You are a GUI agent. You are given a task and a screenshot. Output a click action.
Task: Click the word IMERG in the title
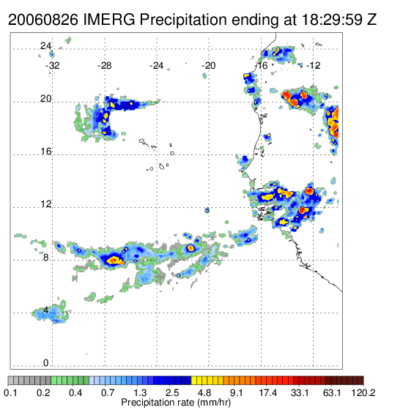click(109, 20)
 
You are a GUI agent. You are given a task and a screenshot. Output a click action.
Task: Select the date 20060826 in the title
click(43, 20)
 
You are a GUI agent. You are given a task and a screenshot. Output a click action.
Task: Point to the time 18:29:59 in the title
click(332, 20)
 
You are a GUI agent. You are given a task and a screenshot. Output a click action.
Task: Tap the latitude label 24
click(45, 46)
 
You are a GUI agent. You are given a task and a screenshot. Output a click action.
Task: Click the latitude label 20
click(45, 99)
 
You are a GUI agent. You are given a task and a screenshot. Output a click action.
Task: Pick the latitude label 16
click(45, 152)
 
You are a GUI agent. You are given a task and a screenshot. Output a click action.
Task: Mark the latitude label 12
click(45, 204)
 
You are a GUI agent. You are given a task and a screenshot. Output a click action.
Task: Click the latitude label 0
click(46, 363)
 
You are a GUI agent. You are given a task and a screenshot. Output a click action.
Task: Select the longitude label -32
click(52, 66)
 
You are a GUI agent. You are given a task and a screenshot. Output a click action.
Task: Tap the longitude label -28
click(104, 66)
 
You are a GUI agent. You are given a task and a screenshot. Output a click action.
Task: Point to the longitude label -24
click(156, 66)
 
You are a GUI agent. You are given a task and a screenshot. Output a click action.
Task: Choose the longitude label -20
click(208, 66)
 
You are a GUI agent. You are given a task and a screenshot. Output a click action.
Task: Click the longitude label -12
click(313, 66)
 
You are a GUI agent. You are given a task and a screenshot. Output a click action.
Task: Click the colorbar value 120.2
click(363, 392)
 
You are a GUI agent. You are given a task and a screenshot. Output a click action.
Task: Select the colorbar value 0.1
click(11, 392)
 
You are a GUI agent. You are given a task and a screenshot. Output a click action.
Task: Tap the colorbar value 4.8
click(204, 392)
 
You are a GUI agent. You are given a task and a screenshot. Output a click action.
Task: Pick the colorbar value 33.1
click(300, 392)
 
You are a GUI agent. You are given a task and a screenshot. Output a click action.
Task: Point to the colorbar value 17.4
click(268, 392)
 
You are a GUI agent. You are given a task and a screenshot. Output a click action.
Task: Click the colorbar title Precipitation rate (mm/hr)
click(176, 403)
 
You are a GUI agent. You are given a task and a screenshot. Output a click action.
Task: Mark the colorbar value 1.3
click(140, 392)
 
